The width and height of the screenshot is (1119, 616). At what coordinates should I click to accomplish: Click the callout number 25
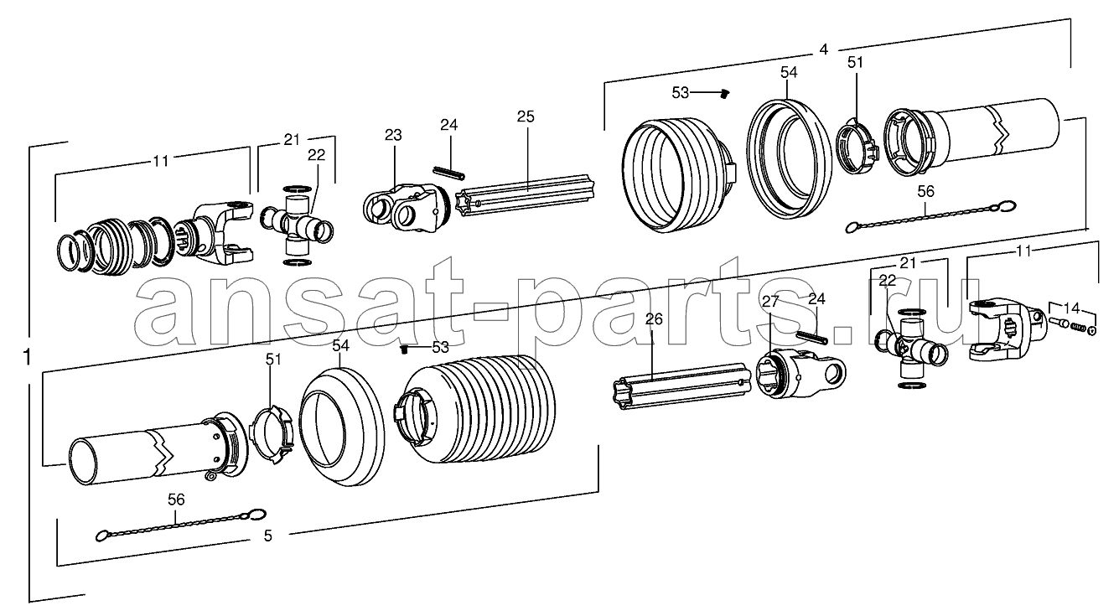[526, 116]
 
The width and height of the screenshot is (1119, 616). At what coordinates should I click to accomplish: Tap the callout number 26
[654, 318]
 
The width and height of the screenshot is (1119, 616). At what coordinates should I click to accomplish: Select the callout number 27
[770, 301]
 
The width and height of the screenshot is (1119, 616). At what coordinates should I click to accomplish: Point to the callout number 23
[393, 135]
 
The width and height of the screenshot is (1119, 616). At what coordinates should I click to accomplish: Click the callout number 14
[1071, 308]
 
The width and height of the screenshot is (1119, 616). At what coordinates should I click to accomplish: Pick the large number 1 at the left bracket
[27, 358]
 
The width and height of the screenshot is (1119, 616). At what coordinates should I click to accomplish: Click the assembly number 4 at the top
[824, 49]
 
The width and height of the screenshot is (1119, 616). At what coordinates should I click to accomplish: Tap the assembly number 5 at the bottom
[268, 536]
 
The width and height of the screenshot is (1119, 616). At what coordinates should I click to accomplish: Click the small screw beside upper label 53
[725, 93]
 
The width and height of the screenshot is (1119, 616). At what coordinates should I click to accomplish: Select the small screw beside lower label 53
[405, 349]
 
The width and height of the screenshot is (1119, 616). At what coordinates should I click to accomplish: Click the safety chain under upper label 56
[930, 215]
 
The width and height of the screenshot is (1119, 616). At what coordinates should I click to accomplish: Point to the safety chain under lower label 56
[181, 525]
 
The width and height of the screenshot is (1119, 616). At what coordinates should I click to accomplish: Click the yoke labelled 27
[800, 373]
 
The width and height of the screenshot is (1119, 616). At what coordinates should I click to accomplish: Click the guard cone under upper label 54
[787, 158]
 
